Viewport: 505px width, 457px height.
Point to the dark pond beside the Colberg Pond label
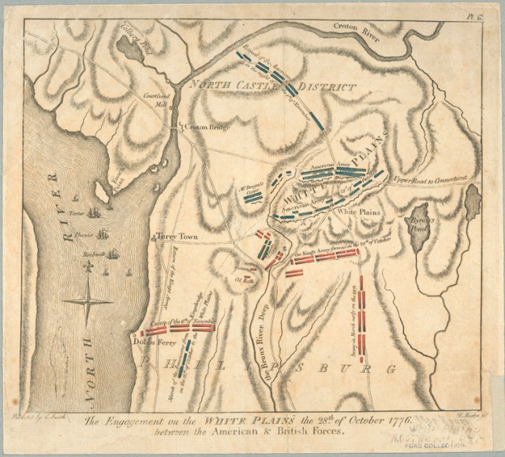(126, 50)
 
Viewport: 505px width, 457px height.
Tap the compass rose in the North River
(88, 299)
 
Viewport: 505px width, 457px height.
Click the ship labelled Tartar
(95, 213)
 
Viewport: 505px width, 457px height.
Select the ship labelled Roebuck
(112, 254)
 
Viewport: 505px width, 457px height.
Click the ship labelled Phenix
(101, 233)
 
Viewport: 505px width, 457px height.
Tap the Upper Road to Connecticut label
(432, 179)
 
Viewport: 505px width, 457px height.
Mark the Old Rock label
(244, 277)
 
